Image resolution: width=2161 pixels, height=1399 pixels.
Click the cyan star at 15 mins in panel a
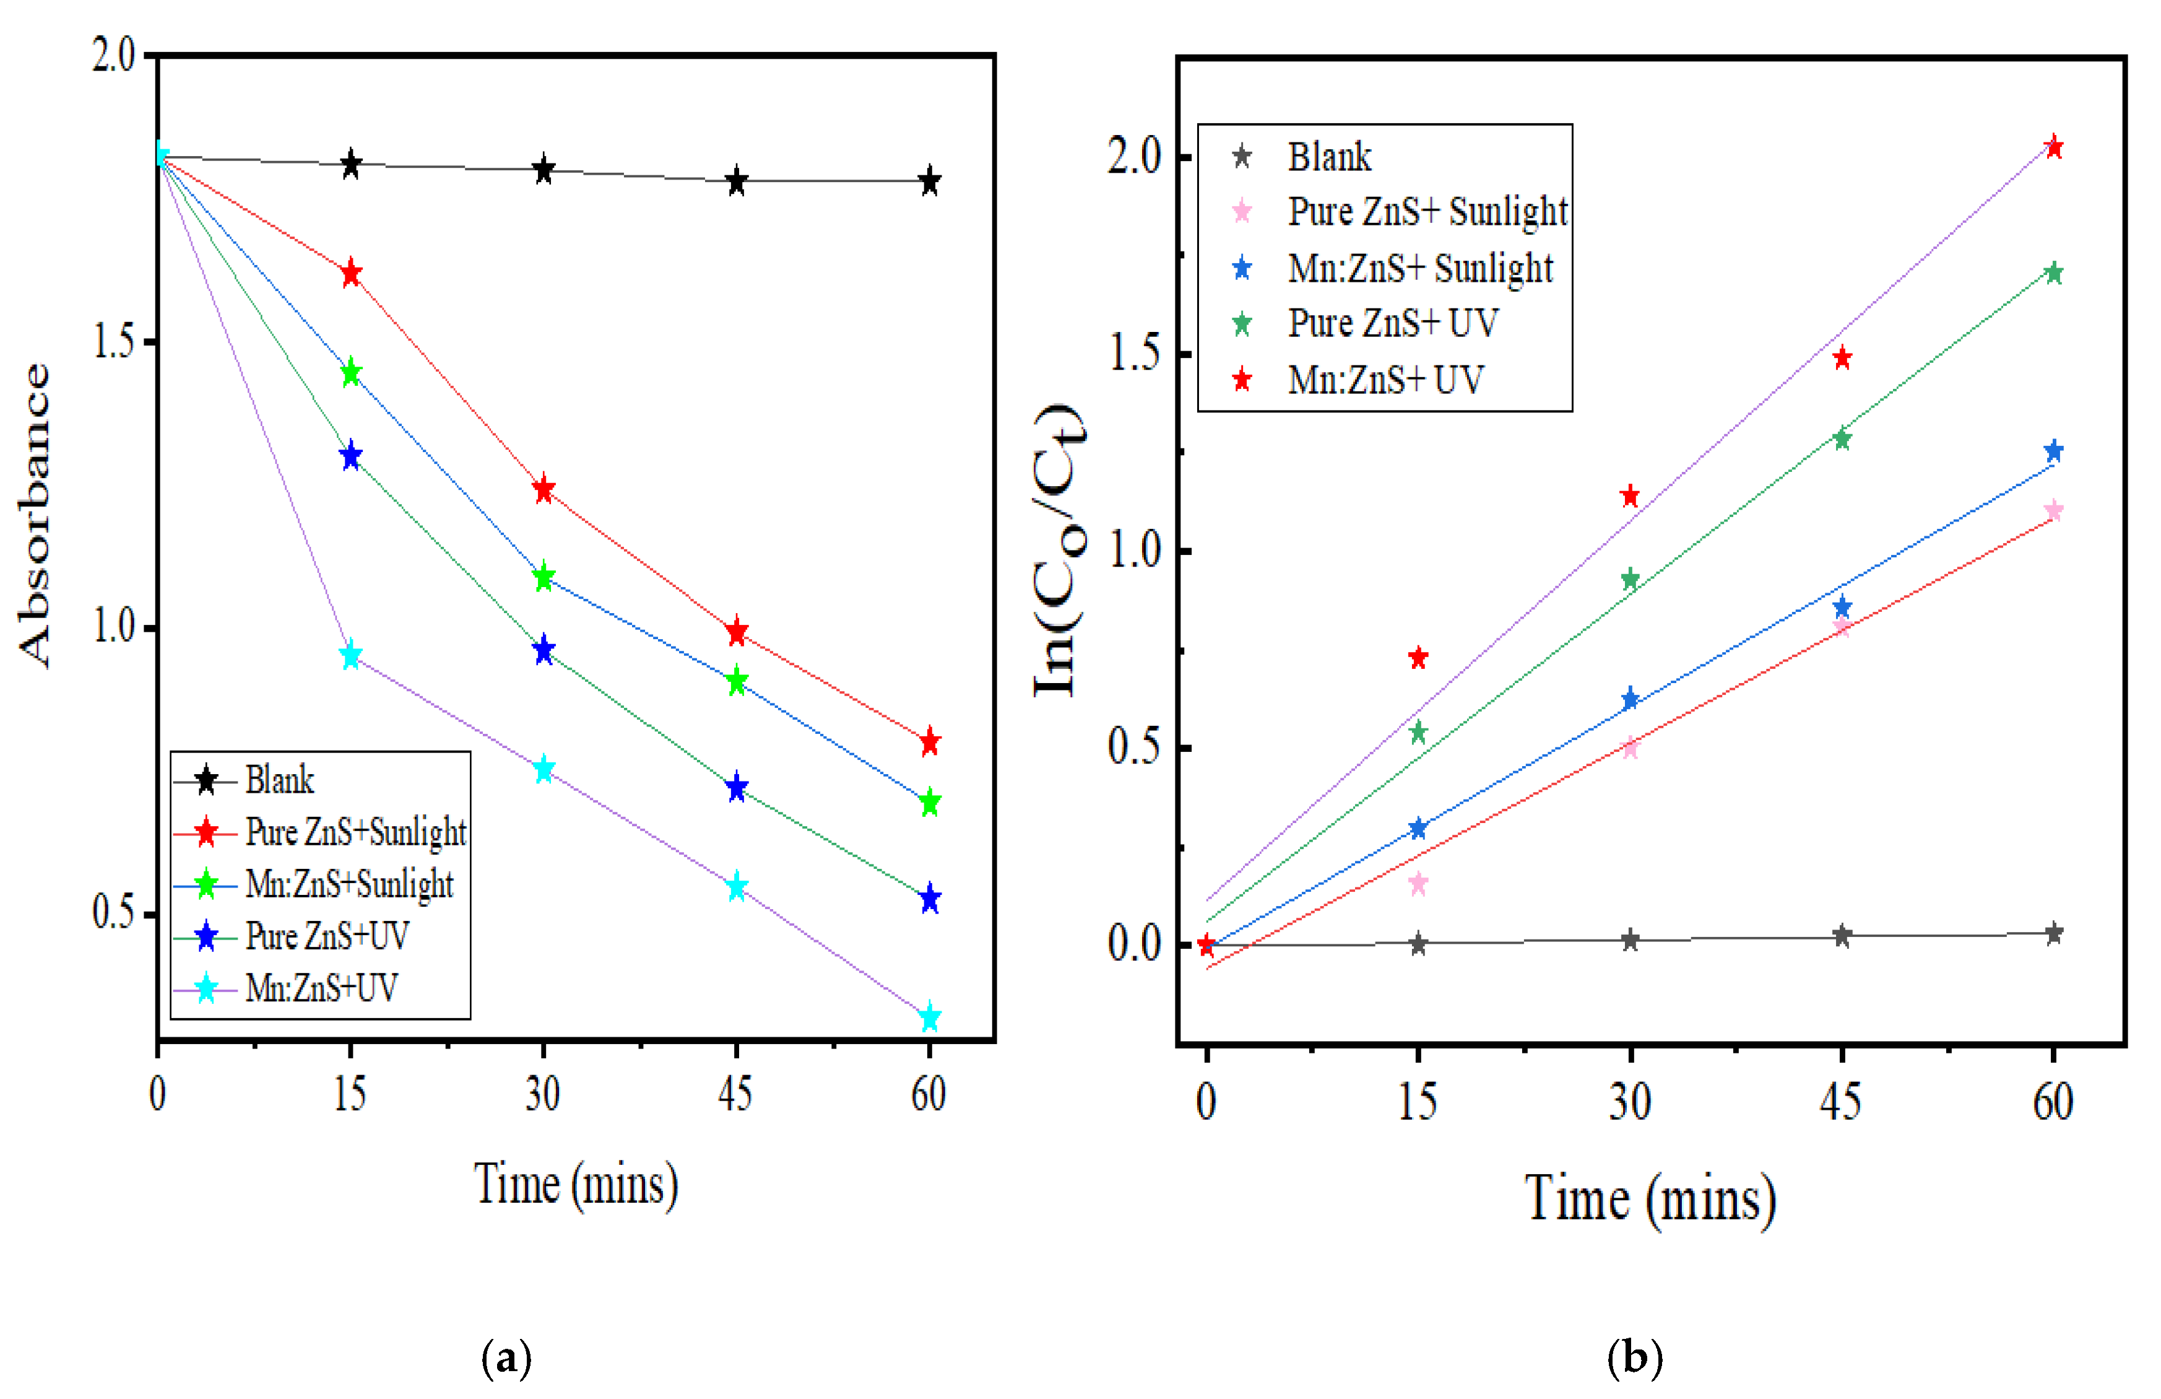(350, 655)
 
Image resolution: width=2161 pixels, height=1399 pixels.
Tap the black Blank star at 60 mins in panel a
(929, 181)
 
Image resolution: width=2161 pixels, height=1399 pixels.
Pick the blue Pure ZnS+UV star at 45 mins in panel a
(737, 788)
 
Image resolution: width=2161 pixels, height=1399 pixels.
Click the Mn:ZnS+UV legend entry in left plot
(321, 988)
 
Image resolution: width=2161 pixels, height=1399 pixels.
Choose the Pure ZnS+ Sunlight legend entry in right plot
(1426, 212)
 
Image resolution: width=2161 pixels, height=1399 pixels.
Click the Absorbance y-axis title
(35, 515)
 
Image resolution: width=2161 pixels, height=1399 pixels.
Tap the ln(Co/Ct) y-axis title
(1058, 549)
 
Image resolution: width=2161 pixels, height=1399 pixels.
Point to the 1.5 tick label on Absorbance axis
(113, 342)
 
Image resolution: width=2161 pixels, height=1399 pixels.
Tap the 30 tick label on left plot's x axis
(542, 1094)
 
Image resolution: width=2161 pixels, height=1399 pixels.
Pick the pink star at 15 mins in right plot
(1418, 883)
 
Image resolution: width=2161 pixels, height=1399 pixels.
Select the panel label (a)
(506, 1358)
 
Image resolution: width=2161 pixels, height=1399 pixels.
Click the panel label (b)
(1634, 1358)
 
